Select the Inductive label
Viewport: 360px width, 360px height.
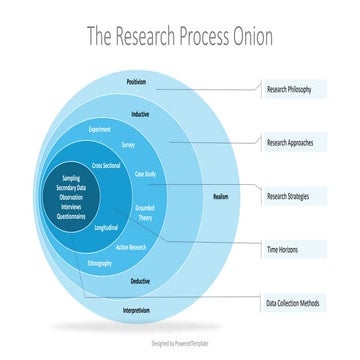[140, 114]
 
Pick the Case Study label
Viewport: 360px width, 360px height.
[146, 174]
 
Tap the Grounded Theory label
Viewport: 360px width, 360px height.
[144, 212]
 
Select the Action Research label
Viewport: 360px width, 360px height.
[131, 246]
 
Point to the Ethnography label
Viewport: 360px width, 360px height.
[100, 263]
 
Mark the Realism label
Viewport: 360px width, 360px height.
[221, 196]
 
